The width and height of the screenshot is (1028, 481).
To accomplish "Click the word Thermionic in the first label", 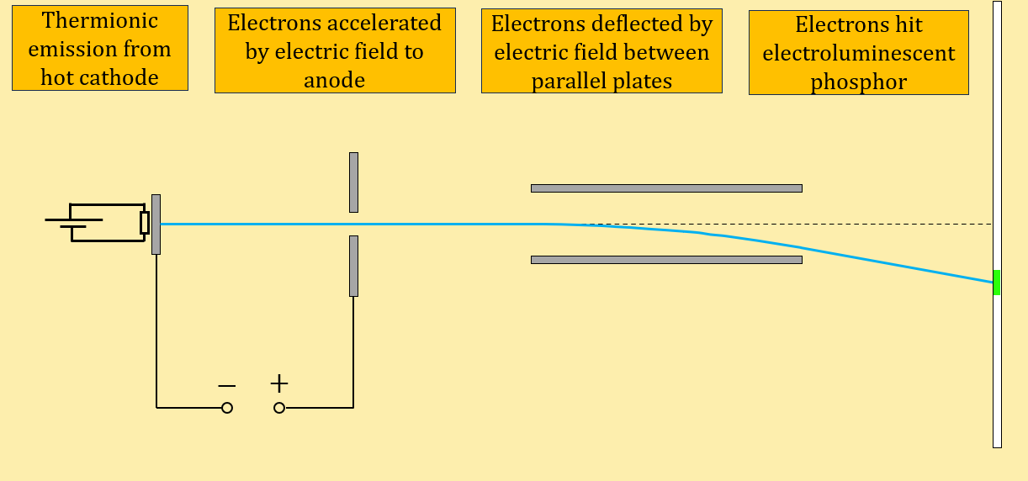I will point(100,21).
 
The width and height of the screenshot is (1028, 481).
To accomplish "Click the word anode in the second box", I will point(335,80).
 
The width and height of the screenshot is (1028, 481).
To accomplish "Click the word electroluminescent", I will point(858,54).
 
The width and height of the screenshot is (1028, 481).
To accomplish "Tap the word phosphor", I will point(858,82).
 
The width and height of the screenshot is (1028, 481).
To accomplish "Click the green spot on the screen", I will point(997,283).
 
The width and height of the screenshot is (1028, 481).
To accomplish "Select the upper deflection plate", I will point(666,188).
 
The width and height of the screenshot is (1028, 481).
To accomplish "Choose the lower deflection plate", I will point(666,260).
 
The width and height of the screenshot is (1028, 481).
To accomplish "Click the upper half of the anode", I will point(353,182).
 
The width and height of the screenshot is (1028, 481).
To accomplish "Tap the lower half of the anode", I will point(353,266).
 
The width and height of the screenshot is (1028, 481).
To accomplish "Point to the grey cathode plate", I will point(156,224).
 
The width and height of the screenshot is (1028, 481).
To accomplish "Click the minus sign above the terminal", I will point(227,386).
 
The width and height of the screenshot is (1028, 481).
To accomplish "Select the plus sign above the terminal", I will point(279,384).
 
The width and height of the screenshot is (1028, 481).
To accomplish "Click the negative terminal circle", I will point(227,408).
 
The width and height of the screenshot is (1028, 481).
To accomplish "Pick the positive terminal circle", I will point(279,408).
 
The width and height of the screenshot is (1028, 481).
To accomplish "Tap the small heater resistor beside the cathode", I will point(144,223).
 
